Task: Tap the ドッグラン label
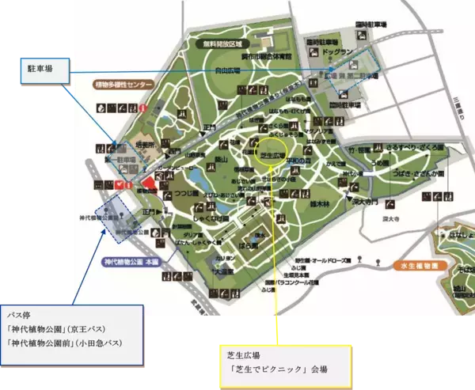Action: [335, 53]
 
